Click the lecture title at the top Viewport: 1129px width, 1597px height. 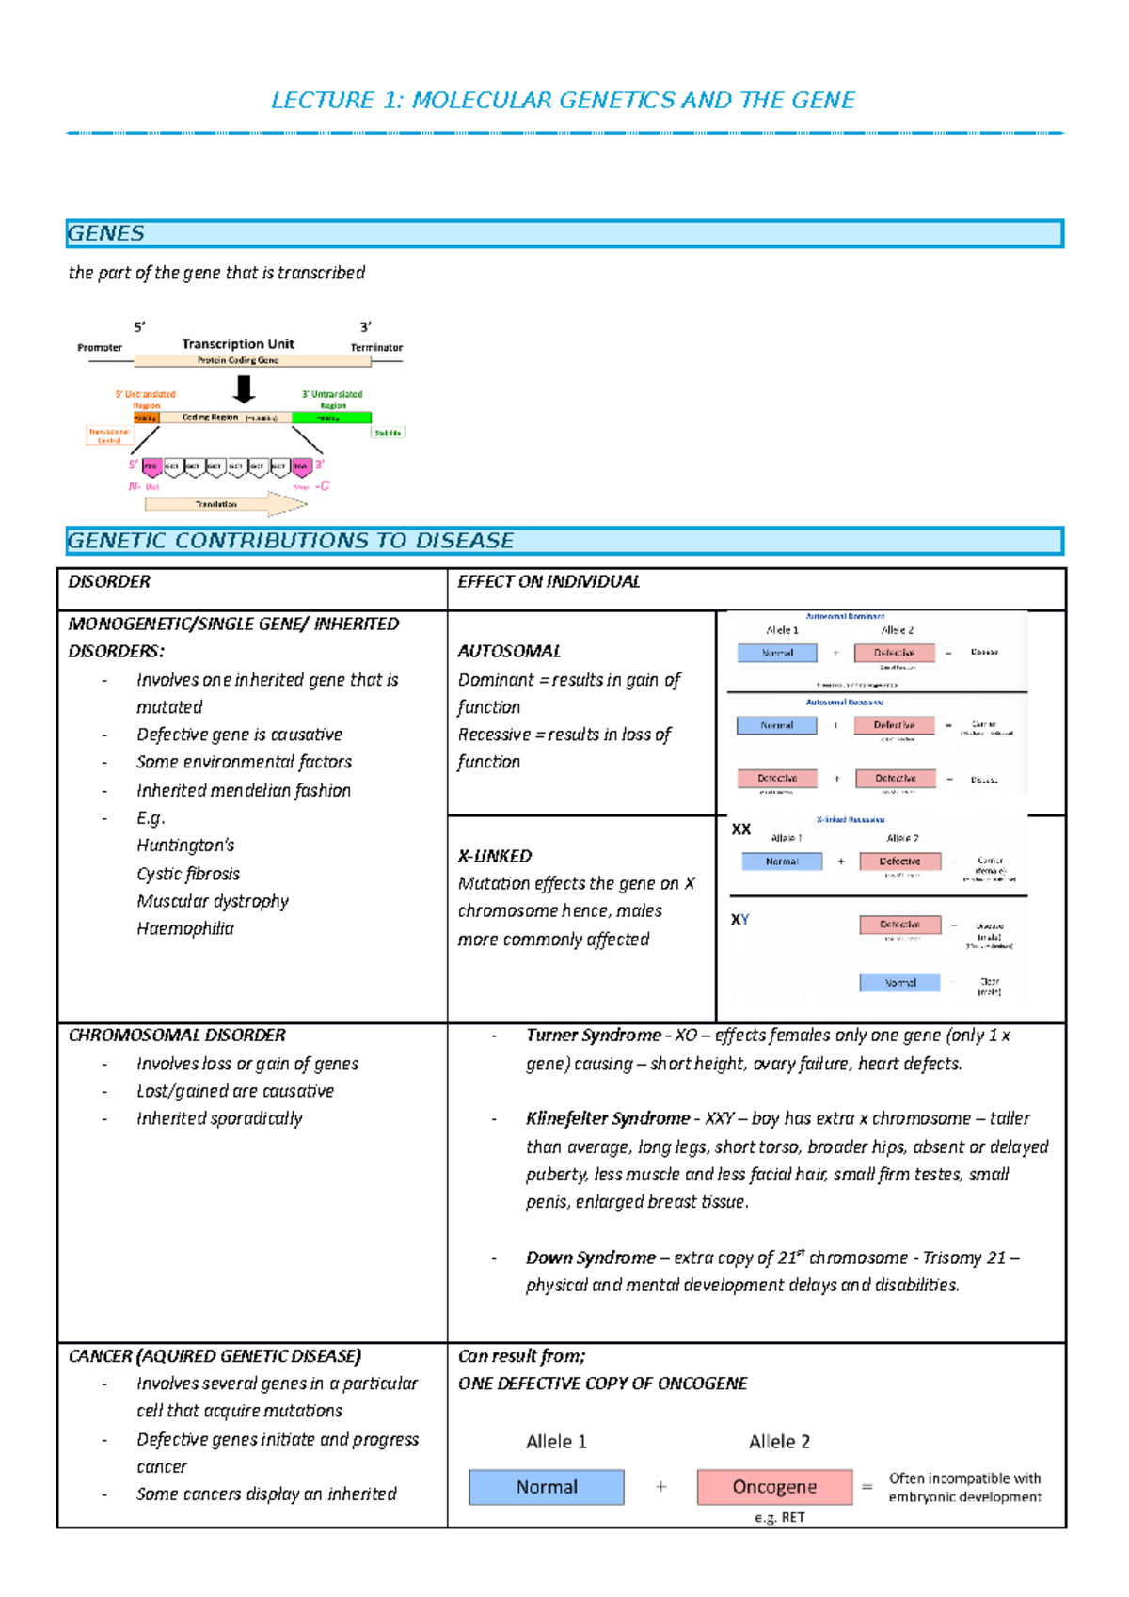coord(563,101)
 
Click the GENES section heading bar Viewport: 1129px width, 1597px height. coord(564,233)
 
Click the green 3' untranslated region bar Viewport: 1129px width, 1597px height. coord(331,418)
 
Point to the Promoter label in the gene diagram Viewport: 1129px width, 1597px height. coord(100,347)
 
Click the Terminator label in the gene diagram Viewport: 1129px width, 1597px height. coord(376,347)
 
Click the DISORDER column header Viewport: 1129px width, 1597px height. coord(109,581)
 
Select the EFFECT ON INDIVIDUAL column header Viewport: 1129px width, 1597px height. coord(549,581)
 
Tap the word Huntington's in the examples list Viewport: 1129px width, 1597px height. coord(185,845)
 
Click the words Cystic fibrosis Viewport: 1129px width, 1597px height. coord(188,874)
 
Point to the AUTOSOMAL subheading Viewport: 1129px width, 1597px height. coord(509,651)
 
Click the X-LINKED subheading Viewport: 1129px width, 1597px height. coord(495,856)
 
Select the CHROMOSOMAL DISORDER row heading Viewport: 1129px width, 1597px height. coord(177,1035)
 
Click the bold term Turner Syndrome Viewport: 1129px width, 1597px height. coord(593,1035)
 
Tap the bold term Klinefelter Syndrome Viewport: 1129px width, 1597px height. coord(607,1118)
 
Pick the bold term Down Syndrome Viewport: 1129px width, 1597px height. coord(590,1257)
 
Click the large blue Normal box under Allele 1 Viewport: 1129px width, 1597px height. coord(547,1487)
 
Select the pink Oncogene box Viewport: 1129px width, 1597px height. coord(774,1487)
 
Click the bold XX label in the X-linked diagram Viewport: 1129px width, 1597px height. coord(741,830)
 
